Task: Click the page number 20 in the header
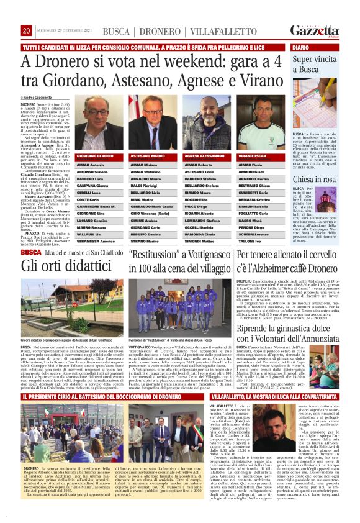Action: pos(27,30)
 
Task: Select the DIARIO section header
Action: pos(300,47)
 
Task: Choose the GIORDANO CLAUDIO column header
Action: pos(94,155)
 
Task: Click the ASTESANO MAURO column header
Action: pos(147,155)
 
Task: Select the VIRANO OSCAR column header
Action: pos(253,155)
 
